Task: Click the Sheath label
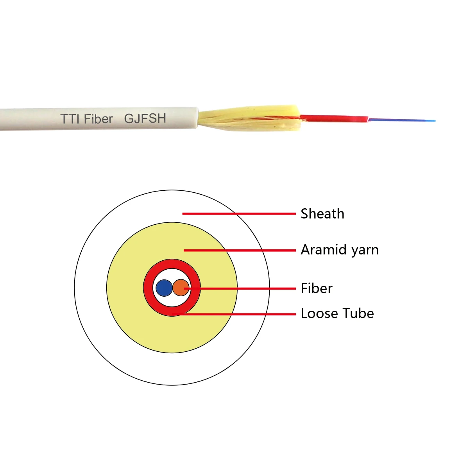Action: pos(322,214)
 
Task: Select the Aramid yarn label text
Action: pos(340,250)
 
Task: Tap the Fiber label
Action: pos(317,288)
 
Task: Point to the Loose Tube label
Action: pos(337,313)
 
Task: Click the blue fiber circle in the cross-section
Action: pos(164,288)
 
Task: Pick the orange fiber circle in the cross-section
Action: pos(180,288)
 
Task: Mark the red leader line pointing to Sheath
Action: pos(238,213)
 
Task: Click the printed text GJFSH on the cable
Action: pos(145,118)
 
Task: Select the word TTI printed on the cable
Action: pos(70,119)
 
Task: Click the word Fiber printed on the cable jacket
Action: pos(98,119)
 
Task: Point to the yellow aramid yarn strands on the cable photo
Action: pos(250,117)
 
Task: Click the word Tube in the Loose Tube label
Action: pos(359,313)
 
